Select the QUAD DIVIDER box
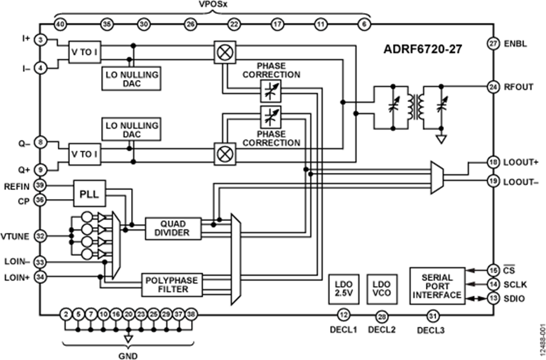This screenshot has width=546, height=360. pyautogui.click(x=173, y=228)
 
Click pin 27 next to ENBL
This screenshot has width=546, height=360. pyautogui.click(x=493, y=44)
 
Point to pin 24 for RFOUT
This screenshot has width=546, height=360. pyautogui.click(x=493, y=86)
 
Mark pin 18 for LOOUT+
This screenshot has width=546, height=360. pyautogui.click(x=493, y=163)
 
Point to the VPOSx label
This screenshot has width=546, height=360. pyautogui.click(x=213, y=5)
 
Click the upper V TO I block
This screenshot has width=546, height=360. pyautogui.click(x=84, y=53)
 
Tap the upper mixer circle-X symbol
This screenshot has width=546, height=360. pyautogui.click(x=224, y=53)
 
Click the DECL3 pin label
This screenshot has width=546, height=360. pyautogui.click(x=432, y=330)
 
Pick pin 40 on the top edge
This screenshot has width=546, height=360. pyautogui.click(x=60, y=24)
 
